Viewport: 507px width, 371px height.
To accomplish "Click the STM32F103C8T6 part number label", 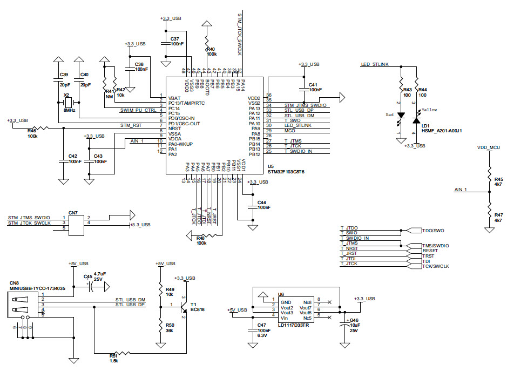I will click(286, 172).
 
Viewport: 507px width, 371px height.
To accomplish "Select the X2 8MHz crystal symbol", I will click(69, 103).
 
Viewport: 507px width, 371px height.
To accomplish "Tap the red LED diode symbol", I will click(401, 116).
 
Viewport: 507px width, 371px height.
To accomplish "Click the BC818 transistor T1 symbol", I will click(184, 306).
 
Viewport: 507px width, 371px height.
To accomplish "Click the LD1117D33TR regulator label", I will click(294, 325).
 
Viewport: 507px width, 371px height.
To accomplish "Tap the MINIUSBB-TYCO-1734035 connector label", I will click(38, 288).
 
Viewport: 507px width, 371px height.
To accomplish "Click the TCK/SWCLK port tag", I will click(436, 266).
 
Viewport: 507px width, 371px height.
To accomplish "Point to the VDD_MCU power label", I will click(488, 147).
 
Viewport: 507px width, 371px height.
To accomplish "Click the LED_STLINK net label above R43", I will click(375, 64).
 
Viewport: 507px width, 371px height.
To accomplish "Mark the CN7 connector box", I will click(76, 222).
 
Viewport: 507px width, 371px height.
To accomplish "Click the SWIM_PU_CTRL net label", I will click(139, 110).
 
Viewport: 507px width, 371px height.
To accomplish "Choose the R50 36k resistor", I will click(160, 326).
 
